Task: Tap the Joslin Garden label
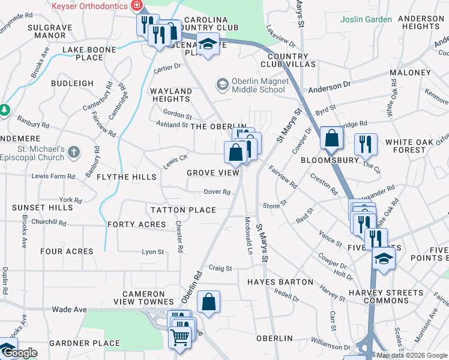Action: pos(366,19)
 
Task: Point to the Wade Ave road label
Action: pos(70,310)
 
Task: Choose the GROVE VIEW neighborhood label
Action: pos(213,173)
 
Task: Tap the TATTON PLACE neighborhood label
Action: pos(183,210)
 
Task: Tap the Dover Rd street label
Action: pos(217,192)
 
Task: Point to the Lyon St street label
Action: pos(152,252)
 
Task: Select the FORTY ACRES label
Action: pos(136,224)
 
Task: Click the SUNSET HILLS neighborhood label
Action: pos(43,208)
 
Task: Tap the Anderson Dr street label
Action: pos(330,86)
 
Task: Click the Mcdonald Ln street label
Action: pos(249,235)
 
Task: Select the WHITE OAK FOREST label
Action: pos(414,146)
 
